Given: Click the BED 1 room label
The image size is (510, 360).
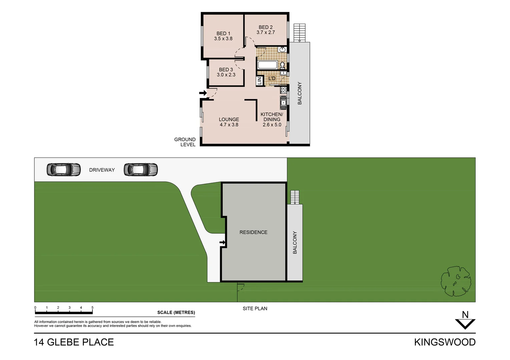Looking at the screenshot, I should [x=223, y=33].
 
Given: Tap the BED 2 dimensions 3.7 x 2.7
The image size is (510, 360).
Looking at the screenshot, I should [x=266, y=33].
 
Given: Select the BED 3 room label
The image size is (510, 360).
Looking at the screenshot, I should [x=226, y=70].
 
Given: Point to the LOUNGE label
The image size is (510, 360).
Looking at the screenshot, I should [x=229, y=119].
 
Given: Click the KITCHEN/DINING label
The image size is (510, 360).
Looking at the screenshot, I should [x=272, y=117].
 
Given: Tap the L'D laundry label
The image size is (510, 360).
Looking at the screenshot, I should [x=272, y=78].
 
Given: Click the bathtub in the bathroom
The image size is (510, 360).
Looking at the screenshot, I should [x=268, y=65].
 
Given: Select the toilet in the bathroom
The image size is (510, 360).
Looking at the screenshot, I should [x=282, y=65].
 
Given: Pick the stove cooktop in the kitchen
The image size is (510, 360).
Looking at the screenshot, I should [x=283, y=90].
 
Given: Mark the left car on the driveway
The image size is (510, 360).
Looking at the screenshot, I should [x=63, y=170].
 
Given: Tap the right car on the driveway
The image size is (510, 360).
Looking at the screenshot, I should [x=140, y=170].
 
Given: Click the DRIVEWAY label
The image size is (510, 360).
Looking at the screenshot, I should [x=102, y=170].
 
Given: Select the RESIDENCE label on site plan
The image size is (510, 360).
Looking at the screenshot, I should [x=253, y=232].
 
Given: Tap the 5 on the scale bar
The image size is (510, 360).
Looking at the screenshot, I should [x=92, y=308].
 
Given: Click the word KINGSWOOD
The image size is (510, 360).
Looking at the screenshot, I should [x=445, y=342].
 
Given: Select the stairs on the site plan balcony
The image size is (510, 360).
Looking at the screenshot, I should [x=295, y=197].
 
